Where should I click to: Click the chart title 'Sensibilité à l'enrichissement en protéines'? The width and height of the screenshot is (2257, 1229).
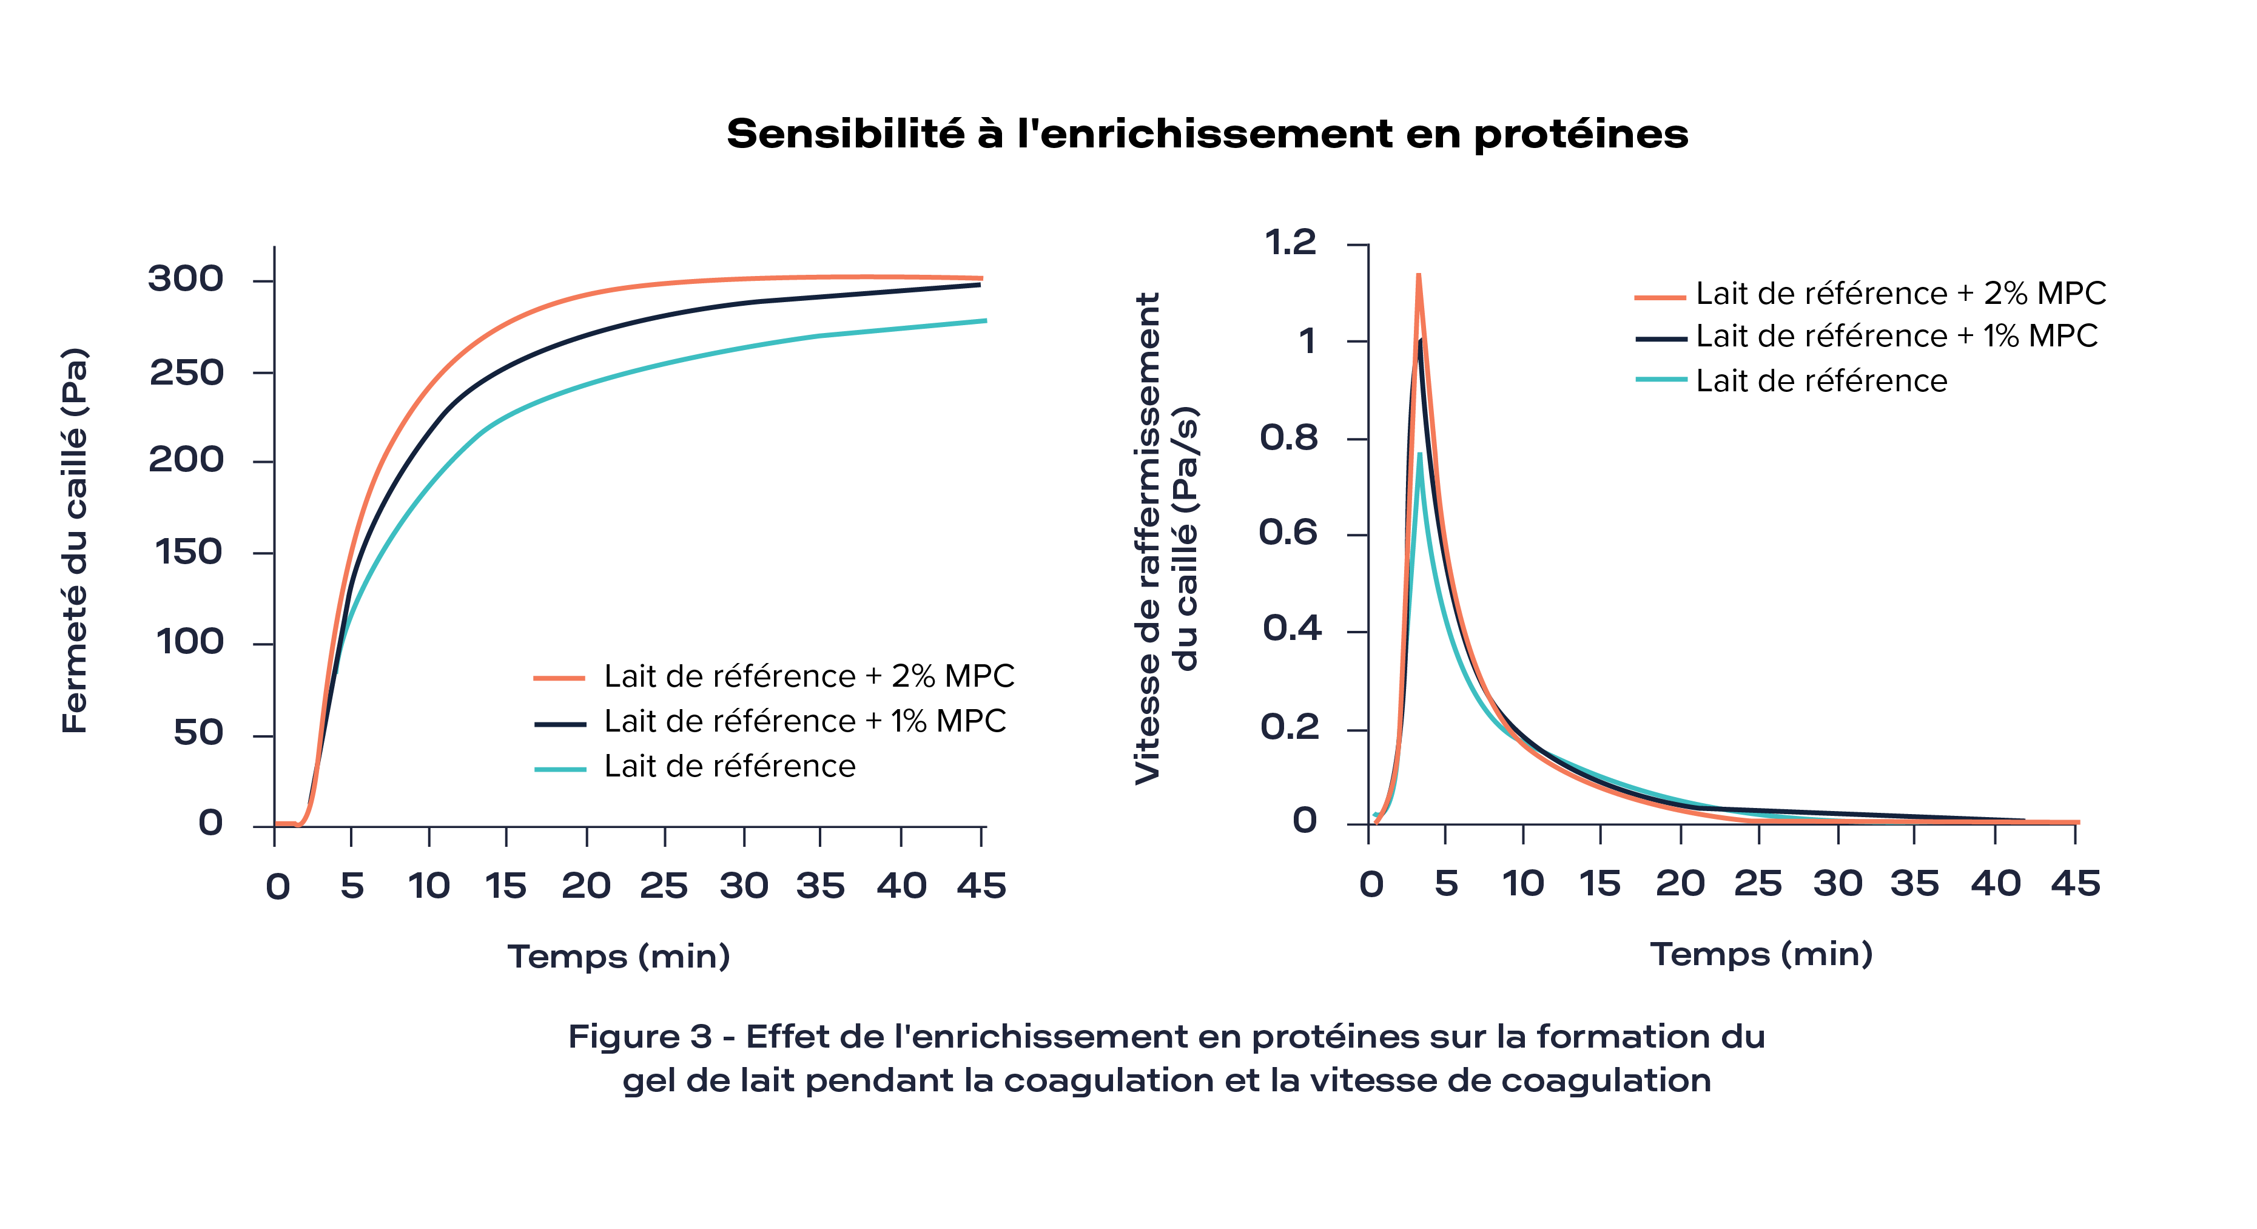click(x=1206, y=135)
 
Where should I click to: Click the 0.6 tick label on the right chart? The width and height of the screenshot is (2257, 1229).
click(x=1289, y=533)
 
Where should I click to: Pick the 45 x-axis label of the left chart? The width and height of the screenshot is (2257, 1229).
click(x=981, y=886)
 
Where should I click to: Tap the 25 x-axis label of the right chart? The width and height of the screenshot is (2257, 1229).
click(x=1758, y=884)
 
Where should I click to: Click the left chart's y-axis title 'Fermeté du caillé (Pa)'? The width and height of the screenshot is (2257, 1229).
click(x=75, y=541)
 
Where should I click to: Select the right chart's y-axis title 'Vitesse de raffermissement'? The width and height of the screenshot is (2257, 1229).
click(x=1148, y=538)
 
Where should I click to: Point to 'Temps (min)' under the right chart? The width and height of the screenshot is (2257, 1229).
click(x=1761, y=954)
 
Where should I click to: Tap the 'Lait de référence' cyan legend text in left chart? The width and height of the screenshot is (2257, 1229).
click(x=729, y=767)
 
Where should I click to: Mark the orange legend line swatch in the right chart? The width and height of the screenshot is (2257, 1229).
click(x=1660, y=297)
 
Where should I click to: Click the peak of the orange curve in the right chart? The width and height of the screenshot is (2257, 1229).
click(x=1418, y=277)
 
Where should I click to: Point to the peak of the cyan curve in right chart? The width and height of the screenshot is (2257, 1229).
click(x=1419, y=454)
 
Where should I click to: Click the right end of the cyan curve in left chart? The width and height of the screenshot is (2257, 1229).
click(x=986, y=321)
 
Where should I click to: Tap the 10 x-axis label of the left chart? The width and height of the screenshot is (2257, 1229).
click(x=428, y=886)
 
